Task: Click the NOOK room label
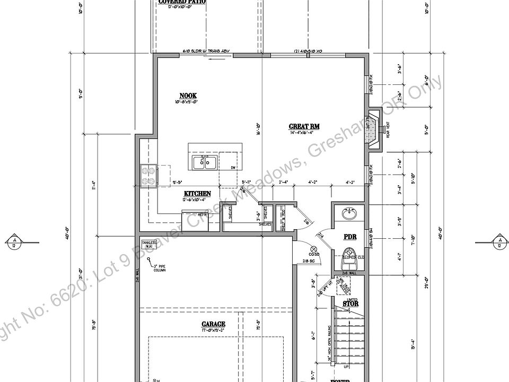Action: (188, 96)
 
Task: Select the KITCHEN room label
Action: (197, 194)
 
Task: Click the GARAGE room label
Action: (213, 324)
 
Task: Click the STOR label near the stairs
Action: (351, 304)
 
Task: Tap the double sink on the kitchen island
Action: (204, 162)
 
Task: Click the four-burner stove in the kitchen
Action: (148, 176)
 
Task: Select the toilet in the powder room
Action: (349, 254)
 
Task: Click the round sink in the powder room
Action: (349, 214)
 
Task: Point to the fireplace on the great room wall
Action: (375, 129)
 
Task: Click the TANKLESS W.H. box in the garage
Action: (150, 245)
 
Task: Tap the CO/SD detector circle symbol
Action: (313, 248)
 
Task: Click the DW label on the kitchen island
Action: (233, 168)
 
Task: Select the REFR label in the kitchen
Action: (202, 214)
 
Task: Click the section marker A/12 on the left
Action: (14, 242)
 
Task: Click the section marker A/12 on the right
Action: (499, 242)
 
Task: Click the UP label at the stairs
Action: (346, 367)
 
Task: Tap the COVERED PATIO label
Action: (182, 2)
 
